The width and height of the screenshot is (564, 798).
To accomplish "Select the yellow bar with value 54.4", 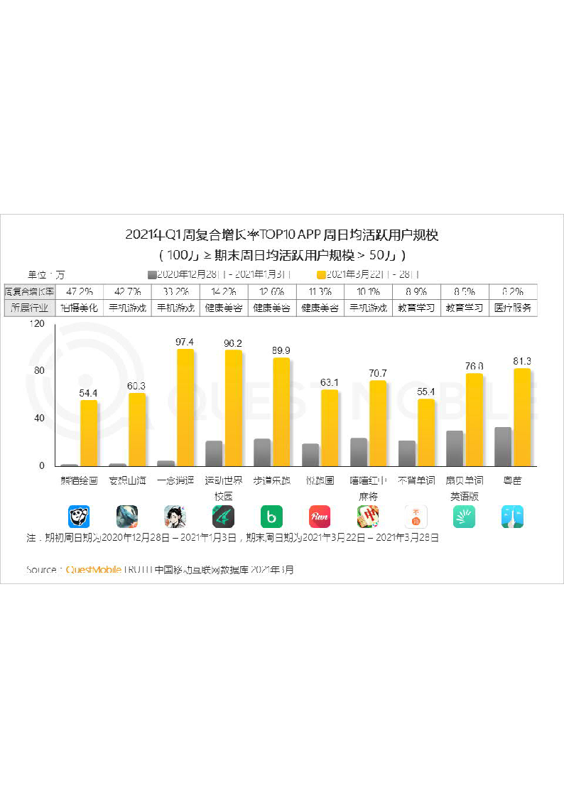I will (x=89, y=433).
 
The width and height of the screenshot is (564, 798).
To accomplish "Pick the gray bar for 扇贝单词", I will (x=455, y=448).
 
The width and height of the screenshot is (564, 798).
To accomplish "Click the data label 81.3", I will (x=522, y=361).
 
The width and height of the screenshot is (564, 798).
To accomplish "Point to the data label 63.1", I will (x=330, y=382).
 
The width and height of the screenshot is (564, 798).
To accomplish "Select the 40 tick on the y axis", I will (x=39, y=419).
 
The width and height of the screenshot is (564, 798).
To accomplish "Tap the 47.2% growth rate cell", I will (x=79, y=292).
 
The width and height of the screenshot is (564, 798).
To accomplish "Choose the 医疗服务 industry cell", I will (x=512, y=308).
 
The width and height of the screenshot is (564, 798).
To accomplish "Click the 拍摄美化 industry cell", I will (x=79, y=308).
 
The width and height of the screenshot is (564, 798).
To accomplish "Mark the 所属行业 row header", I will (x=29, y=308).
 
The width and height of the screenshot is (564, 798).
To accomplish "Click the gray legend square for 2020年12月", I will (x=152, y=274).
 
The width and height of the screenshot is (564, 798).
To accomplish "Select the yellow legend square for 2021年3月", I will (x=321, y=274).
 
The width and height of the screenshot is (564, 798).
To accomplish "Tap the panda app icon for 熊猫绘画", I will (x=79, y=516).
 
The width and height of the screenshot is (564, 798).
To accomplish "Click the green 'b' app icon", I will (x=271, y=516).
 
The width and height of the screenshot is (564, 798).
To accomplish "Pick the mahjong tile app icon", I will (x=368, y=516).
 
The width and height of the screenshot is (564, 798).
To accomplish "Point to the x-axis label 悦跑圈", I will (x=320, y=481).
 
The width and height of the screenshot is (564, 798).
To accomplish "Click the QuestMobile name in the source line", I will (x=94, y=569).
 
